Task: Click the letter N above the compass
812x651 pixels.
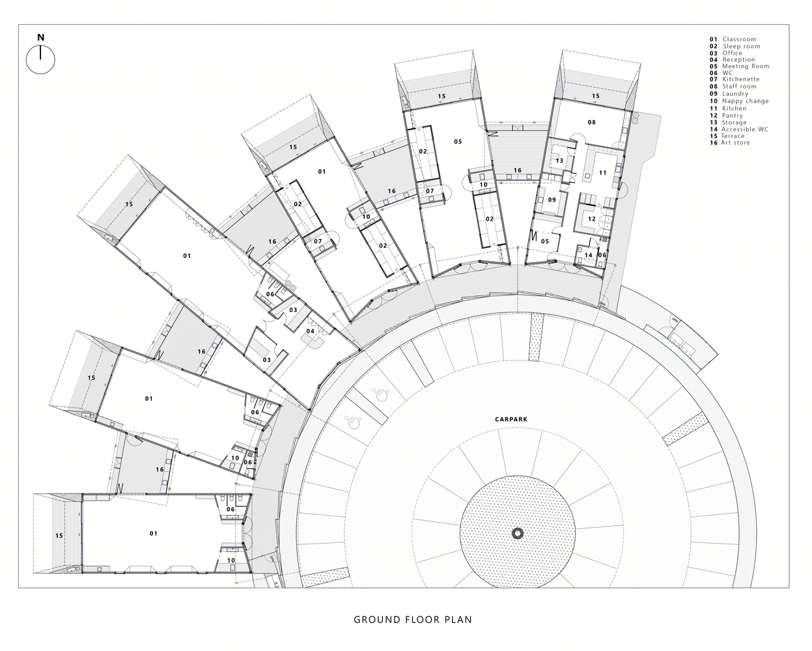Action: coord(41,37)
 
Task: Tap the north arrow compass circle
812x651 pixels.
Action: coord(26,60)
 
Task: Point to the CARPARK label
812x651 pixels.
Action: coord(511,419)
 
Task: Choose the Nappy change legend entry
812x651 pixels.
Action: coord(739,101)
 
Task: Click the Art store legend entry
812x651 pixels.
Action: coord(729,143)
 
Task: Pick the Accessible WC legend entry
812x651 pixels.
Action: coord(738,129)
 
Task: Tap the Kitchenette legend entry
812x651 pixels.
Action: coord(733,79)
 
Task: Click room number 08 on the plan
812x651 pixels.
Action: coord(592,122)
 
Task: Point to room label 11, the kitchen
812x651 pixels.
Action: coord(602,173)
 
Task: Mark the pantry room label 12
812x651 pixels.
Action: coord(591,219)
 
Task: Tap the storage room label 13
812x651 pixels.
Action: coord(559,161)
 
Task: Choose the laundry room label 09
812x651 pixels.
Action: coord(552,200)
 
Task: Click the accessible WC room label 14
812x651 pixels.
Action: coord(588,255)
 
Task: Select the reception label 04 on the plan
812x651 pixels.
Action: coord(310,331)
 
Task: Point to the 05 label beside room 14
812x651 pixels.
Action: coord(545,242)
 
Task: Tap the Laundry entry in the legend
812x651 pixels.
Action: coord(729,94)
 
